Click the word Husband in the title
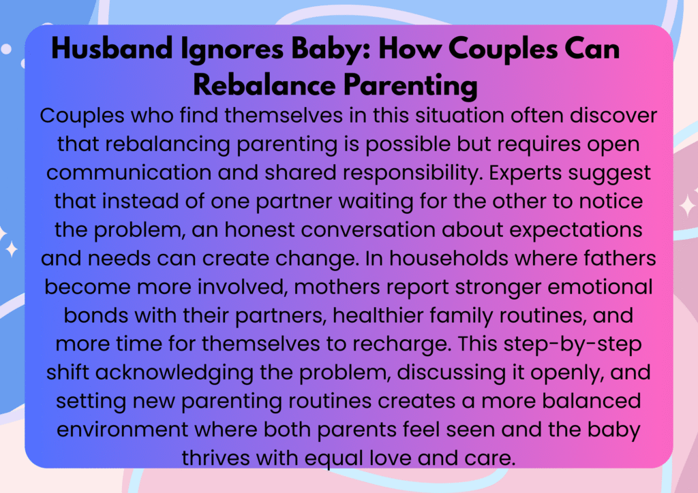point(112,48)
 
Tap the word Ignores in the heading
point(232,50)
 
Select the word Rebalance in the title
point(264,84)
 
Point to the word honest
point(260,230)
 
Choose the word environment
point(123,430)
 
